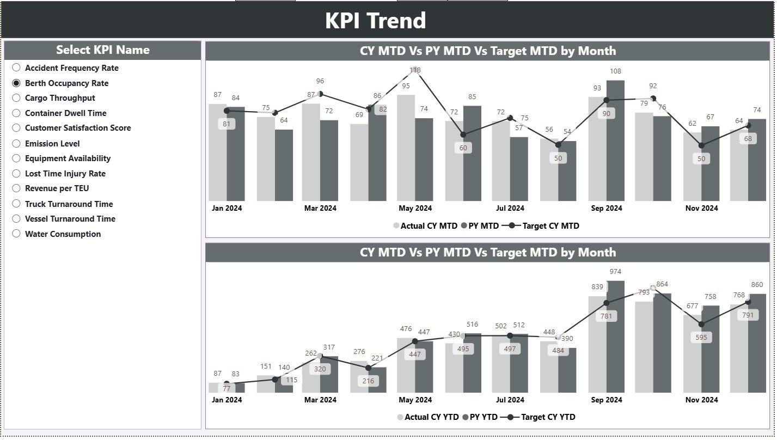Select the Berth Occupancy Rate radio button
pyautogui.click(x=16, y=83)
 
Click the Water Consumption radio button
pyautogui.click(x=16, y=234)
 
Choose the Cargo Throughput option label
pyautogui.click(x=60, y=98)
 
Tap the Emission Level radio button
pyautogui.click(x=16, y=143)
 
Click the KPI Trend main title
pyautogui.click(x=376, y=21)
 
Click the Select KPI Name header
pyautogui.click(x=102, y=50)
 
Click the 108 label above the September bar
pyautogui.click(x=615, y=71)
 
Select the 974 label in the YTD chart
pyautogui.click(x=615, y=272)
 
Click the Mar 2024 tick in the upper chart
pyautogui.click(x=320, y=208)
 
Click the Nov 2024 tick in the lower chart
pyautogui.click(x=701, y=400)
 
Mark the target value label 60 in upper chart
pyautogui.click(x=463, y=148)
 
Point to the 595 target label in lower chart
pyautogui.click(x=701, y=338)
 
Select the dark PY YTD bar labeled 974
pyautogui.click(x=615, y=338)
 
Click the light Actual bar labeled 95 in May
pyautogui.click(x=406, y=147)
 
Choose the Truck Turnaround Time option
pyautogui.click(x=69, y=204)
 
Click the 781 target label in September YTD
pyautogui.click(x=606, y=316)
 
